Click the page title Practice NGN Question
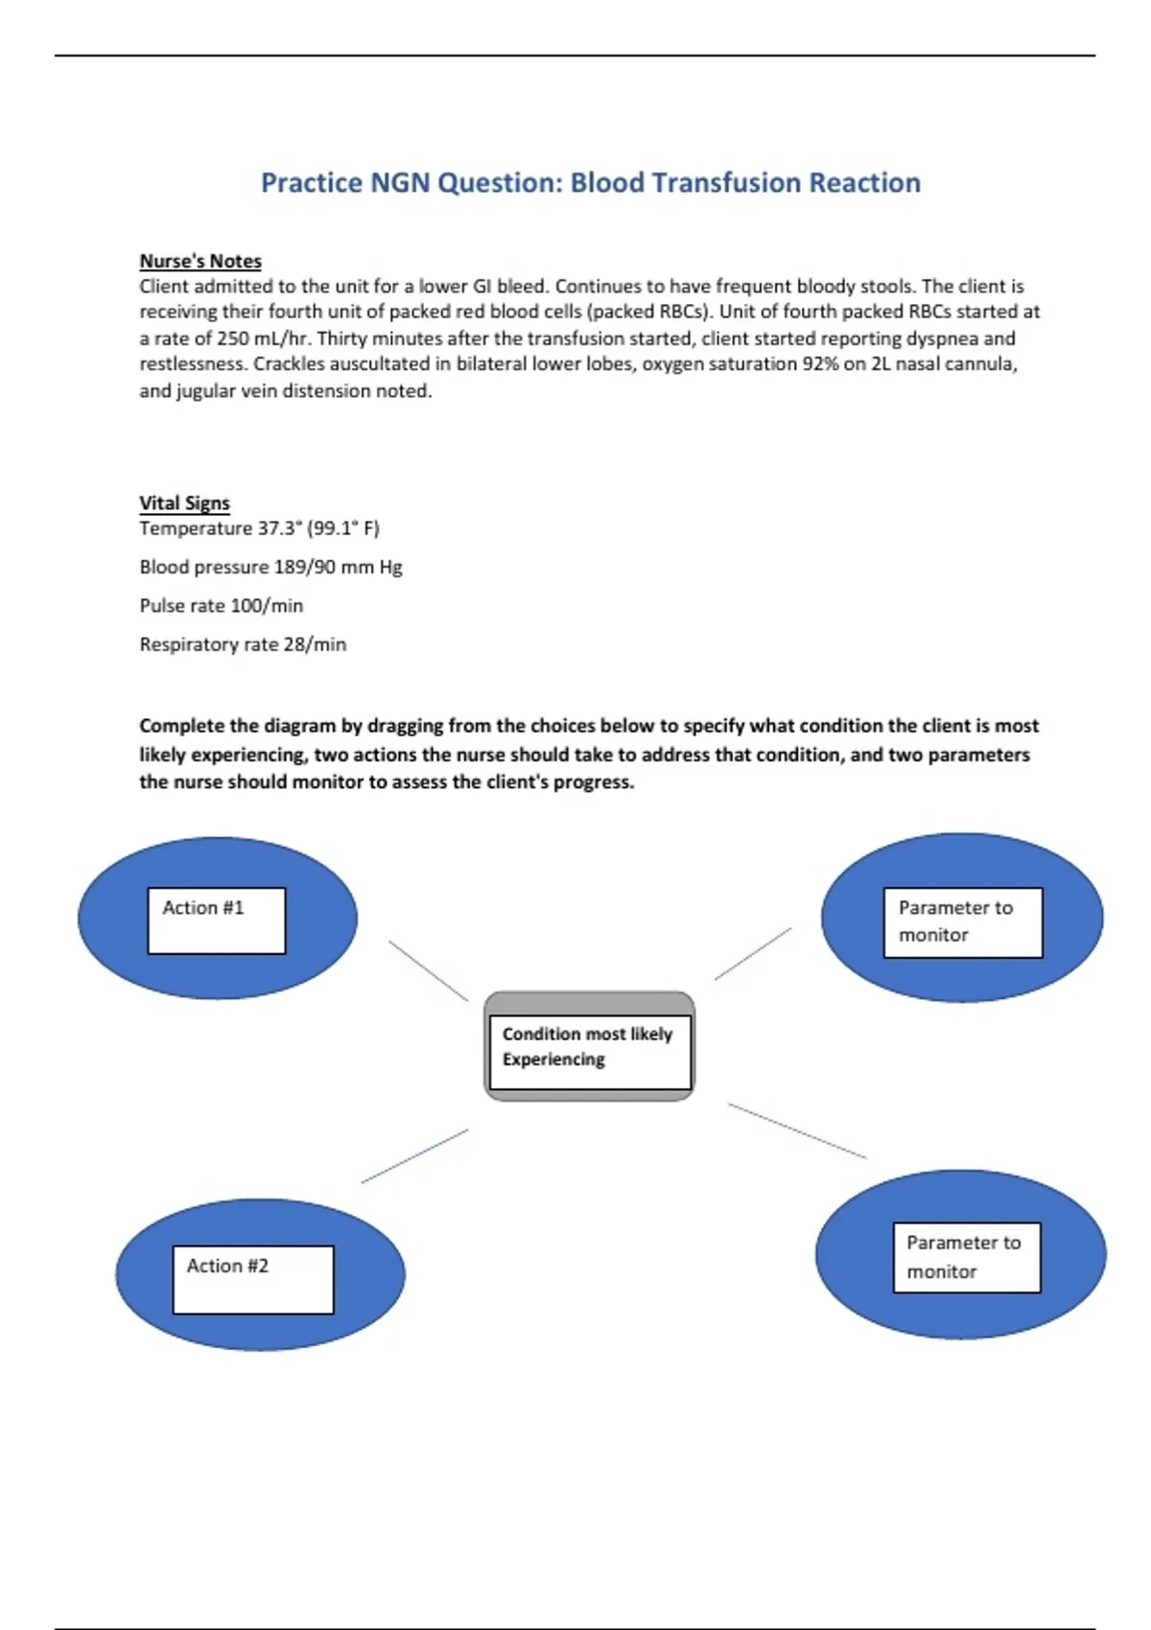click(x=590, y=182)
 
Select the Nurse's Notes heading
click(x=200, y=261)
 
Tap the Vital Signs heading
click(x=184, y=503)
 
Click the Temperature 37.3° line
click(x=259, y=528)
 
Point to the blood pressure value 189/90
click(x=306, y=567)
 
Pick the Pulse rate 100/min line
click(x=221, y=606)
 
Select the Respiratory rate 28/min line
click(x=243, y=644)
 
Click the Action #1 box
click(x=216, y=920)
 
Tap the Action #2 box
click(x=253, y=1279)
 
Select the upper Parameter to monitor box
click(x=962, y=922)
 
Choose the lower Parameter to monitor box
click(x=966, y=1257)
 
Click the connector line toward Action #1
click(x=429, y=971)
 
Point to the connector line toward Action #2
click(x=415, y=1155)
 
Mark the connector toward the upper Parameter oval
click(x=753, y=954)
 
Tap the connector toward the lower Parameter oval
click(x=797, y=1130)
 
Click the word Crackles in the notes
click(x=288, y=364)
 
